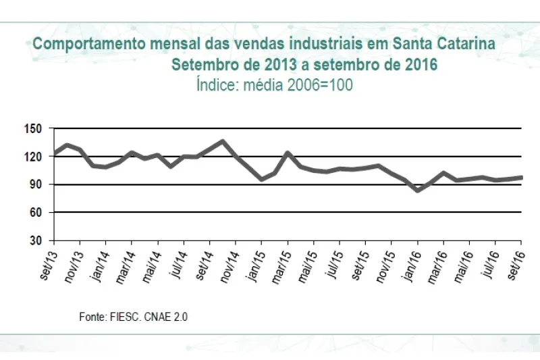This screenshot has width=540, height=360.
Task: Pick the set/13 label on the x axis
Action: click(48, 259)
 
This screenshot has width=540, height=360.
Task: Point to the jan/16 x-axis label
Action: click(410, 260)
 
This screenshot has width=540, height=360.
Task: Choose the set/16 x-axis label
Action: click(515, 259)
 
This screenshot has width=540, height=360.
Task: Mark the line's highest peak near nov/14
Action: click(223, 141)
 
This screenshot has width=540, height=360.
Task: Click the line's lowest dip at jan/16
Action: click(418, 190)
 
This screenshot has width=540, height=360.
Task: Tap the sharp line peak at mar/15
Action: click(288, 153)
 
